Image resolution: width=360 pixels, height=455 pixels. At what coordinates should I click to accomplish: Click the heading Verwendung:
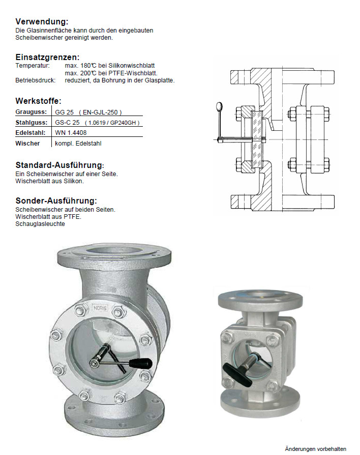pos(42,21)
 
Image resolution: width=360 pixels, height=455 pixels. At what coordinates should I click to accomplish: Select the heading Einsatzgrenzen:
pos(47,57)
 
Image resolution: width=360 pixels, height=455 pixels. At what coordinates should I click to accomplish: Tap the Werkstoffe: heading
pos(38,101)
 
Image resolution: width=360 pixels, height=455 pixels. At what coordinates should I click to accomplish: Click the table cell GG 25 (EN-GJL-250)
pos(88,112)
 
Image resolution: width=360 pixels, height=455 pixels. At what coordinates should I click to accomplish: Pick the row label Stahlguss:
pos(32,123)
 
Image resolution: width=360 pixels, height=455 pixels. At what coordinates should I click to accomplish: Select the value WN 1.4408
pos(71,133)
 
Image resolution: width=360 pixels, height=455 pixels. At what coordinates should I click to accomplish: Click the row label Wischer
pos(27,143)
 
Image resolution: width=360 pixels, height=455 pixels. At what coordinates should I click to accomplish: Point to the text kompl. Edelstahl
pos(78,144)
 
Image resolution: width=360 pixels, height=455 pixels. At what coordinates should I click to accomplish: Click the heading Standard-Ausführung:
pos(59,165)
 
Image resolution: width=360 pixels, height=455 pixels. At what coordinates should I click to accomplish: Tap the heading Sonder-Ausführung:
pos(56,201)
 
